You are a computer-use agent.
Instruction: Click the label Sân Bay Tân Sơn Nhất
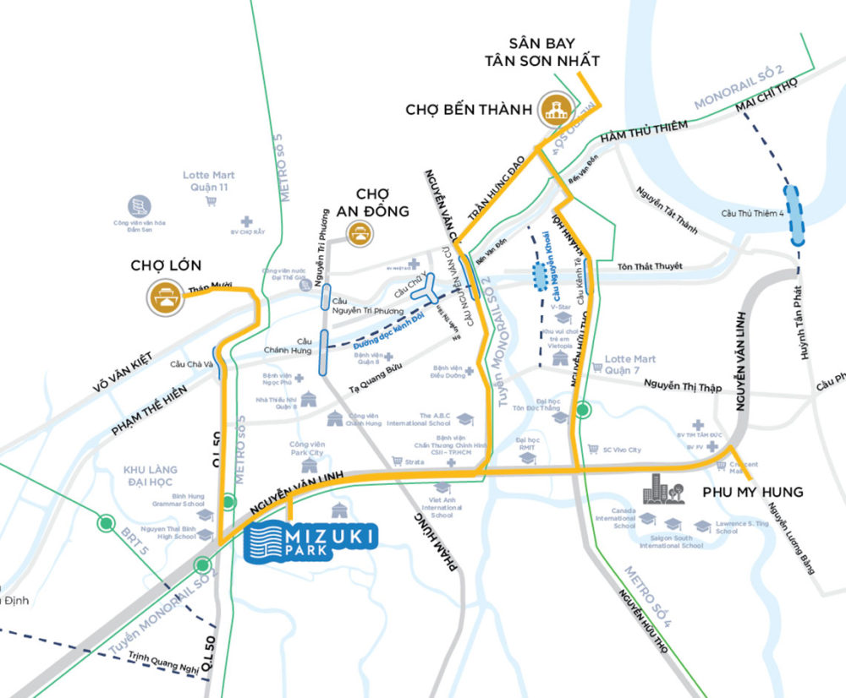(x=554, y=52)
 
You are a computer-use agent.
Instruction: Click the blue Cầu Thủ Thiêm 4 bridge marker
(x=795, y=215)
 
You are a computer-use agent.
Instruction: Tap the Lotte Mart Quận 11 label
(x=208, y=181)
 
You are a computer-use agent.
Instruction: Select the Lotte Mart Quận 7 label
(x=630, y=364)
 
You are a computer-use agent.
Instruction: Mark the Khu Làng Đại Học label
(x=150, y=475)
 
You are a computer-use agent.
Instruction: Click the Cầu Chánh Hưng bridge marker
(x=323, y=351)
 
